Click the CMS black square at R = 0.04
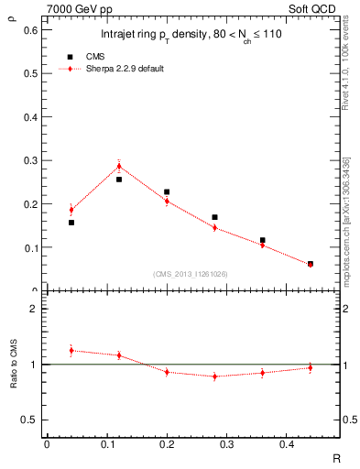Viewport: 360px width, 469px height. (x=71, y=223)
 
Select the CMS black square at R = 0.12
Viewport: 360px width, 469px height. (x=119, y=180)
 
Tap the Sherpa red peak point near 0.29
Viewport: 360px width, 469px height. (x=119, y=166)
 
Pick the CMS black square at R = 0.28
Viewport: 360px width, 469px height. (x=214, y=217)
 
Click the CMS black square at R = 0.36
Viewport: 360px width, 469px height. (x=262, y=240)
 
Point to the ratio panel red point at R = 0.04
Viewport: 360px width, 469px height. (x=71, y=350)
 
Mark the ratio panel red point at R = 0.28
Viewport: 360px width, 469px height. (x=214, y=376)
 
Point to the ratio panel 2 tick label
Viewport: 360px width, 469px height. (x=33, y=309)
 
